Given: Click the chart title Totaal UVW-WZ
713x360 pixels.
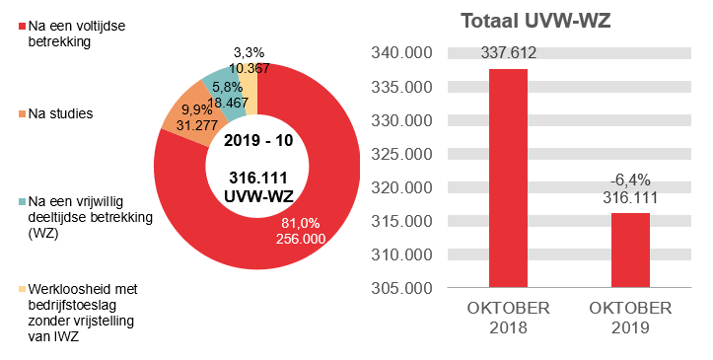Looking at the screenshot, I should pyautogui.click(x=537, y=22).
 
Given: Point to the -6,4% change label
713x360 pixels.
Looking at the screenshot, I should pyautogui.click(x=630, y=180).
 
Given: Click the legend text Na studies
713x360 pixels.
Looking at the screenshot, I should pyautogui.click(x=61, y=114).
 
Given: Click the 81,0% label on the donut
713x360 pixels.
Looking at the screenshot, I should pyautogui.click(x=301, y=224).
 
